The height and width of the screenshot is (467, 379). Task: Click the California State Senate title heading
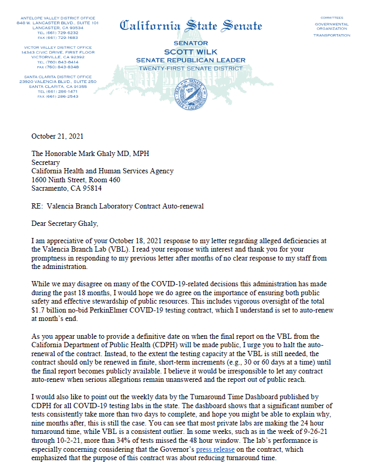(x=191, y=25)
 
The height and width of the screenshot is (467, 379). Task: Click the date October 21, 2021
(x=57, y=137)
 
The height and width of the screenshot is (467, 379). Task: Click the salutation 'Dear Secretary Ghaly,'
(x=64, y=224)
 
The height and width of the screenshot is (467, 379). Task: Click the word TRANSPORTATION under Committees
(x=331, y=35)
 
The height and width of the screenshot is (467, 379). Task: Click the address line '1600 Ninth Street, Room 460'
(x=76, y=180)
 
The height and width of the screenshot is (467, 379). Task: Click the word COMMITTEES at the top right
(x=331, y=18)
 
